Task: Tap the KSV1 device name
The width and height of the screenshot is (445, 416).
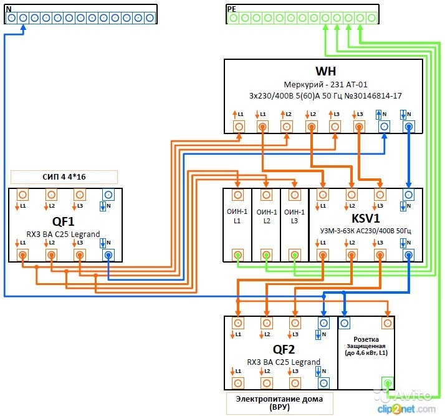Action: point(365,219)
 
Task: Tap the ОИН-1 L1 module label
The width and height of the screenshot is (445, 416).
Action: point(237,216)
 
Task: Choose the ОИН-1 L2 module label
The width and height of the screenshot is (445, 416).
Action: point(266,216)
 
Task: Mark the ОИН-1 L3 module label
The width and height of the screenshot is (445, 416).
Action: point(295,216)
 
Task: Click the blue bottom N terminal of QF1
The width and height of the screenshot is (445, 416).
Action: point(108,255)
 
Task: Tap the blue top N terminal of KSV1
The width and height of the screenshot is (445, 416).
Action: point(408,195)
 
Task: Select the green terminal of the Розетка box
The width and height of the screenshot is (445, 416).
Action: point(387,383)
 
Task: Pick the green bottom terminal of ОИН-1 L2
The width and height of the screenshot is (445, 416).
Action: point(266,254)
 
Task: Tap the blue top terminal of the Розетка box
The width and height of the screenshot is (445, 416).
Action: point(345,322)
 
